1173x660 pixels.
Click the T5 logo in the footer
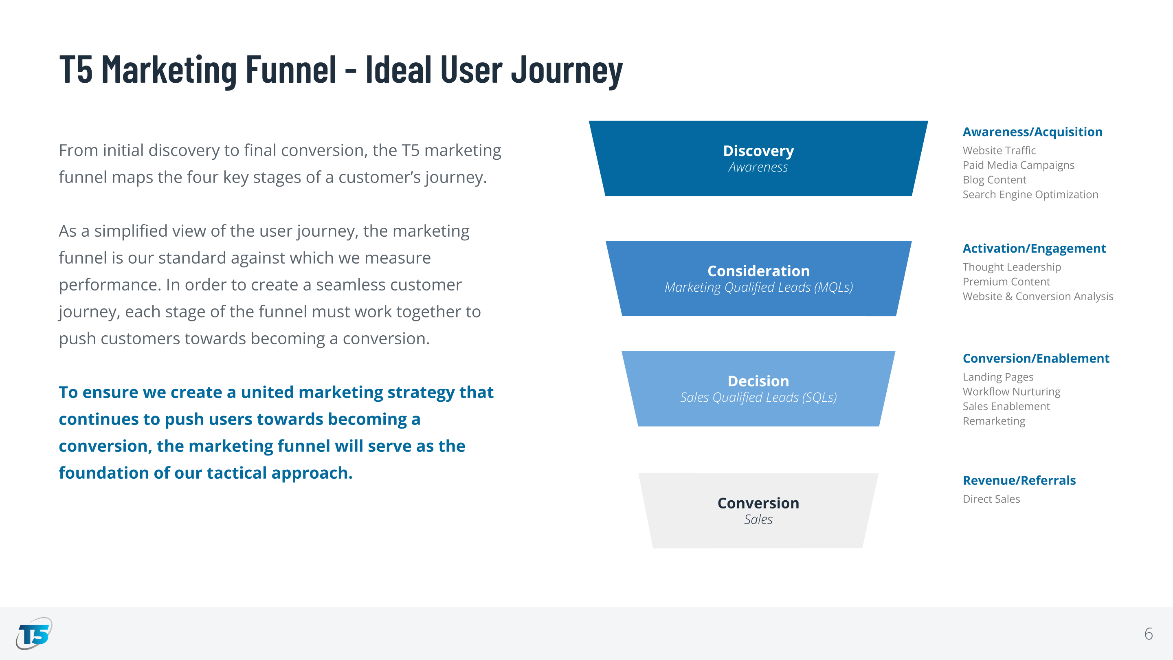[x=34, y=634]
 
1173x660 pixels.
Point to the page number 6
[x=1149, y=634]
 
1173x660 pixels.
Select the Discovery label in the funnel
[x=758, y=151]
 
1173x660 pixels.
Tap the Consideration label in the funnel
[x=758, y=271]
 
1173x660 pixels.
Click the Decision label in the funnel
[x=758, y=381]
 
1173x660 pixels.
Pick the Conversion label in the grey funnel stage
[x=758, y=503]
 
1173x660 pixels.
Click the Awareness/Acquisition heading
[x=1032, y=132]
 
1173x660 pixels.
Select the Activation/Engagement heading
[x=1034, y=248]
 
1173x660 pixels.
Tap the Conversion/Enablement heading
[x=1036, y=359]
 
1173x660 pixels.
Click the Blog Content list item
[x=995, y=180]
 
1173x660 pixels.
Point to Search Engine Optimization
[x=1030, y=194]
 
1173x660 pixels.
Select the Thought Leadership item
[x=1011, y=267]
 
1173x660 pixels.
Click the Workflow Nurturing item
[x=1011, y=392]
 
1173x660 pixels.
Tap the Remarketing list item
[x=994, y=421]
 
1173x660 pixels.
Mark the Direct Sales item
[x=991, y=499]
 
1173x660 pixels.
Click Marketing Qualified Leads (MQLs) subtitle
[x=758, y=287]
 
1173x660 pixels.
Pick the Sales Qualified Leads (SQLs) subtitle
[x=758, y=398]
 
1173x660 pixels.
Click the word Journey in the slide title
[x=567, y=69]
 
